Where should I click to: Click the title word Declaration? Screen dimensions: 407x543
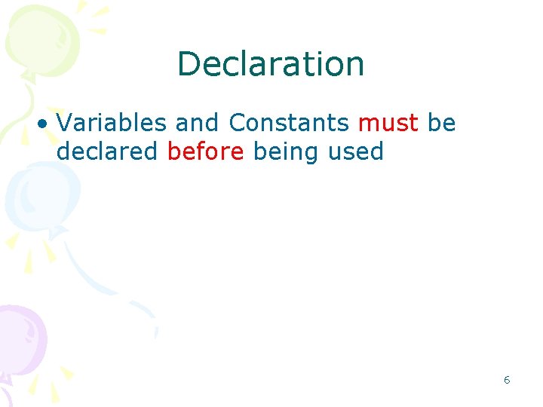click(x=271, y=64)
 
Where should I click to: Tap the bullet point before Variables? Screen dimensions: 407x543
click(x=47, y=124)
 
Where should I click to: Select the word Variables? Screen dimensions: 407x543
click(x=111, y=123)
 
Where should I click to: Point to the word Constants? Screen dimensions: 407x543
click(x=289, y=123)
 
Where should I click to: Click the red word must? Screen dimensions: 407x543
click(x=388, y=123)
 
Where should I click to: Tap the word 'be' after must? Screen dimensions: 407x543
click(x=441, y=123)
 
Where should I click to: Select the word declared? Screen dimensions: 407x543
click(x=107, y=151)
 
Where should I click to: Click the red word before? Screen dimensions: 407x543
click(x=206, y=151)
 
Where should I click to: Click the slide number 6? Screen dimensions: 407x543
click(x=507, y=380)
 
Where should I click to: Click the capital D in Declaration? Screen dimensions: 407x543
click(x=186, y=64)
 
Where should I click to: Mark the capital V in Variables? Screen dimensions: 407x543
click(x=64, y=123)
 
